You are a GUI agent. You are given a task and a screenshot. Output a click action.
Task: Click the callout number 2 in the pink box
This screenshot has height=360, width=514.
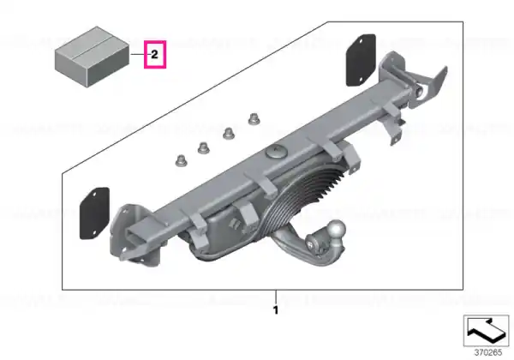click(155, 54)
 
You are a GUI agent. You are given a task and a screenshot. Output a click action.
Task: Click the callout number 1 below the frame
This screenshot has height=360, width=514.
click(276, 309)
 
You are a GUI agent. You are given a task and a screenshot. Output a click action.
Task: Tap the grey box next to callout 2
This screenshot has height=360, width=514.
click(92, 57)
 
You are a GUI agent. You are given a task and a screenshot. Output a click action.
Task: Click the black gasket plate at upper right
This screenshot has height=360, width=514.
click(361, 60)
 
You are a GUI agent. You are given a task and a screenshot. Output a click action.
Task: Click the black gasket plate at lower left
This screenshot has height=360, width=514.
click(94, 213)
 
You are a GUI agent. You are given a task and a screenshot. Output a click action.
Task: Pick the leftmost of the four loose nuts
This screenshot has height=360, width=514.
click(181, 160)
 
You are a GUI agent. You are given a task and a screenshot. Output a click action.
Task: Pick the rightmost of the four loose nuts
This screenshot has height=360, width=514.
click(254, 119)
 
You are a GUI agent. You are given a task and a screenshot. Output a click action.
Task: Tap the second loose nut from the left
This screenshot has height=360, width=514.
click(204, 148)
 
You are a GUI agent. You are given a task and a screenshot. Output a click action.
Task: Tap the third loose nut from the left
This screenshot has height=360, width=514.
click(229, 133)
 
